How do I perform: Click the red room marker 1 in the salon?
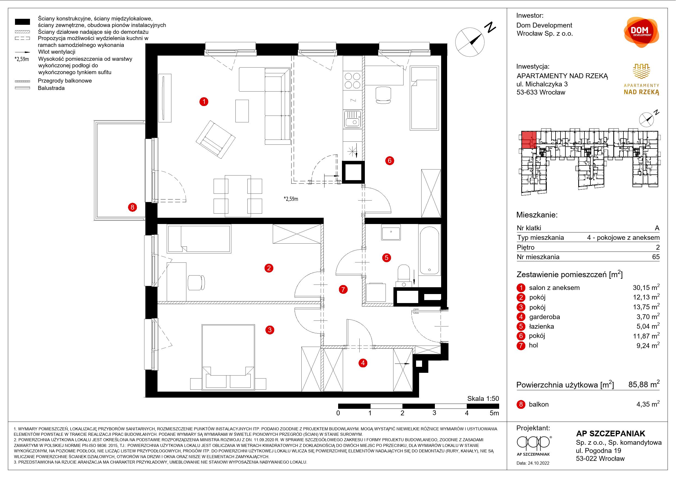click(204, 102)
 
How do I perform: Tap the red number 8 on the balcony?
click(132, 207)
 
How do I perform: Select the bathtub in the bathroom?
click(430, 251)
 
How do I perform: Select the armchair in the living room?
click(216, 139)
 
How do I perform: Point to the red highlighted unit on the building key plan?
click(529, 140)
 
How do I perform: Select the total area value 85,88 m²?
click(644, 384)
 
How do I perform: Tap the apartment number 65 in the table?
click(656, 257)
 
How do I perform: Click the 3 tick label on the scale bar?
click(434, 413)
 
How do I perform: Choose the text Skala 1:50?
click(483, 398)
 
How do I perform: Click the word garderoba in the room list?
click(544, 317)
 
